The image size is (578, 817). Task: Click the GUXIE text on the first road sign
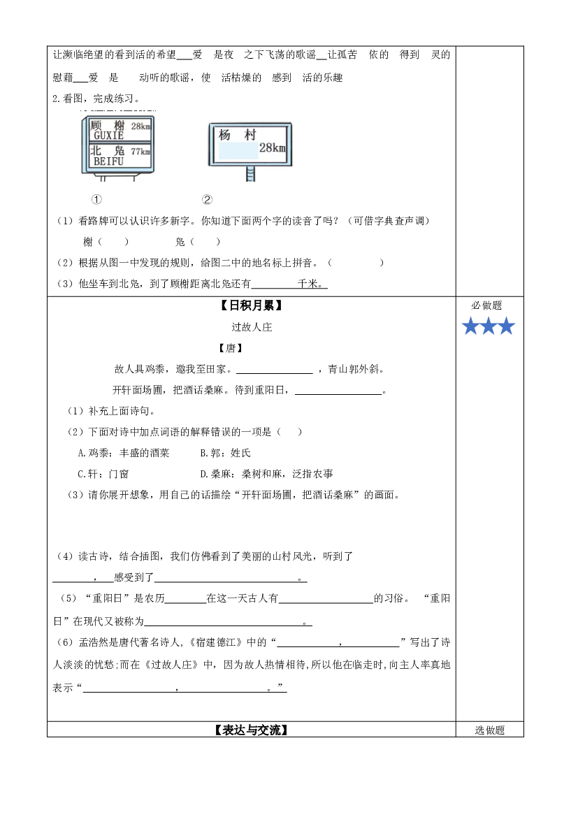pyautogui.click(x=108, y=136)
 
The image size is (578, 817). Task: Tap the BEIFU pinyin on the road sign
pyautogui.click(x=108, y=161)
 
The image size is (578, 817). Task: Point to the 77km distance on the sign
pyautogui.click(x=140, y=152)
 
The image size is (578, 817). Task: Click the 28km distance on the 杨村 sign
pyautogui.click(x=273, y=148)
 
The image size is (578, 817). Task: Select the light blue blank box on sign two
pyautogui.click(x=238, y=150)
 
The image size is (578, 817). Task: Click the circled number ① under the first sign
pyautogui.click(x=96, y=200)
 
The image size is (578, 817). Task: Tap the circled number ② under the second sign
pyautogui.click(x=207, y=200)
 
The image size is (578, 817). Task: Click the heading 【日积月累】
pyautogui.click(x=251, y=306)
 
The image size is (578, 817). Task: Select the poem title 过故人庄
pyautogui.click(x=252, y=327)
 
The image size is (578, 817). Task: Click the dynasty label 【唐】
pyautogui.click(x=231, y=348)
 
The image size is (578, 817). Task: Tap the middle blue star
pyautogui.click(x=489, y=326)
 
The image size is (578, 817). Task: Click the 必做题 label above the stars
pyautogui.click(x=486, y=305)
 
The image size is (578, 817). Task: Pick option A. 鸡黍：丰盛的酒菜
pyautogui.click(x=124, y=453)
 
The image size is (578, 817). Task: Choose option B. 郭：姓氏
pyautogui.click(x=225, y=453)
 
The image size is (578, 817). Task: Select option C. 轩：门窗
pyautogui.click(x=103, y=474)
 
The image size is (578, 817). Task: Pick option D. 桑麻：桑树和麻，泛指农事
pyautogui.click(x=266, y=474)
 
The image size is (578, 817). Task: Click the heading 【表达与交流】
pyautogui.click(x=251, y=730)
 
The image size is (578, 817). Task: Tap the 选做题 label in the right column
pyautogui.click(x=490, y=730)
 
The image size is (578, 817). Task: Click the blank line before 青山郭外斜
pyautogui.click(x=275, y=373)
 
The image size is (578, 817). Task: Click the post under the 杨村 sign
pyautogui.click(x=251, y=174)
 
